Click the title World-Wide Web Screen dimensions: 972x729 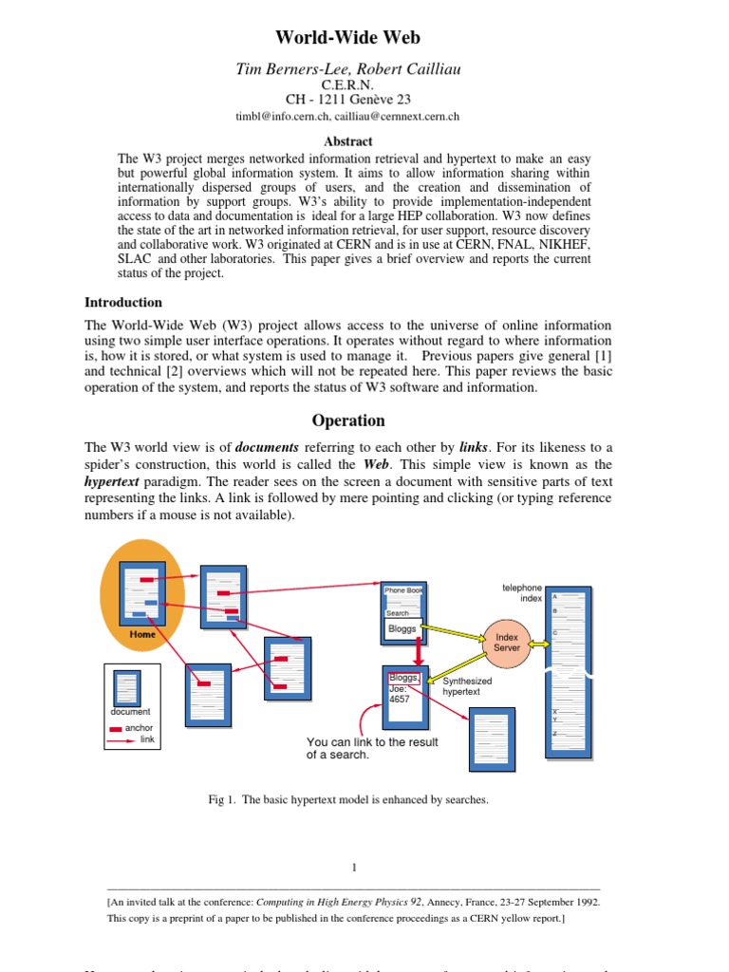[347, 38]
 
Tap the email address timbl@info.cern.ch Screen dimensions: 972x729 [283, 116]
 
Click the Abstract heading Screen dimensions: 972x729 [347, 141]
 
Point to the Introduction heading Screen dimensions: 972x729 [123, 303]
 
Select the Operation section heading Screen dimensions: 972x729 [348, 421]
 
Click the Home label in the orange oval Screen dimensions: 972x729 [142, 634]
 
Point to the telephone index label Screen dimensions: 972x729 [522, 593]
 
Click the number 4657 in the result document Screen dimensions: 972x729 [400, 699]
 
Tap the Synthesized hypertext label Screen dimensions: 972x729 [468, 686]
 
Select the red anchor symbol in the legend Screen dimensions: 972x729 [117, 729]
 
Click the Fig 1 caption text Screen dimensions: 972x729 [347, 800]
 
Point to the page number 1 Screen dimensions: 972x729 [354, 867]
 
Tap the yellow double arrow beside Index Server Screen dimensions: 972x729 [539, 644]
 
